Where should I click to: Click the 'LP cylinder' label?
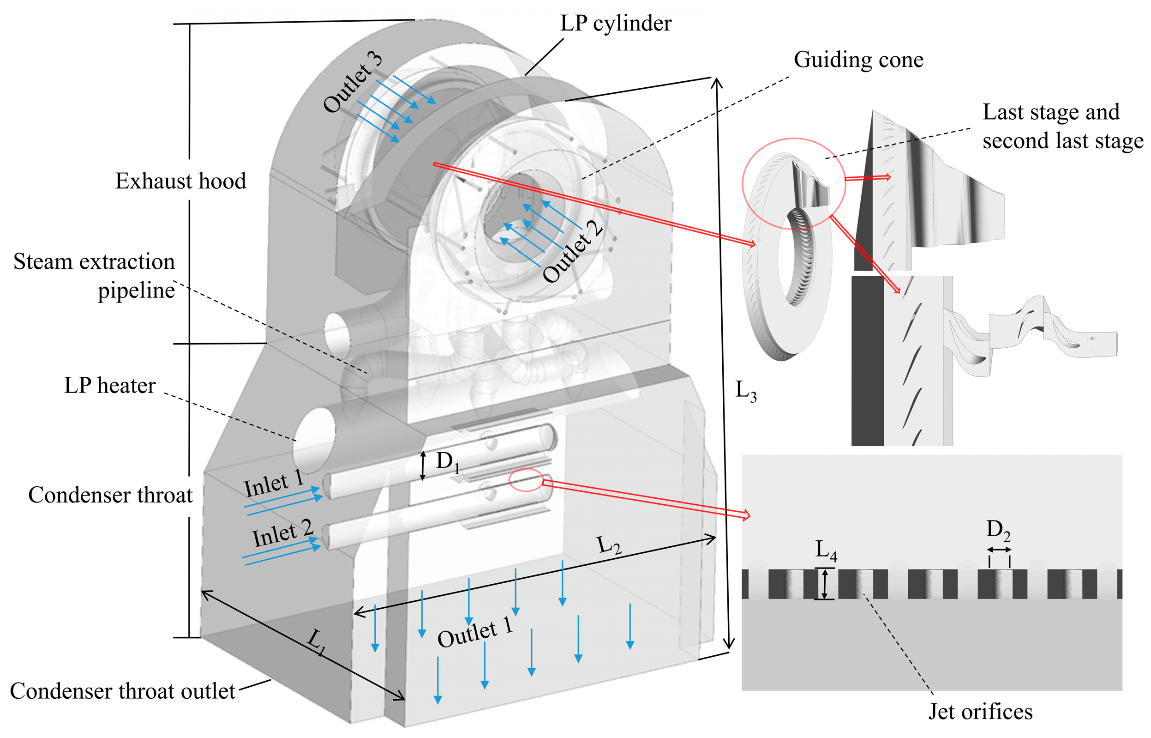(x=616, y=23)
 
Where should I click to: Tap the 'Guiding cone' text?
(x=858, y=60)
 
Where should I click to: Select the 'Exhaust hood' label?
(x=180, y=181)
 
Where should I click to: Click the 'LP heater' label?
(x=110, y=385)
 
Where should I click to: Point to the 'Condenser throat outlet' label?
(x=123, y=691)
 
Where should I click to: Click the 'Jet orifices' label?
(x=980, y=712)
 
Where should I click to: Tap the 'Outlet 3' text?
(x=353, y=82)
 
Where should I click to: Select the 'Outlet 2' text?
(x=572, y=251)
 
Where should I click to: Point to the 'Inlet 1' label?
(x=273, y=484)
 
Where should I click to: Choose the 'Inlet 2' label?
(x=282, y=534)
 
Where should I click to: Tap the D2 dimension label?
(x=998, y=530)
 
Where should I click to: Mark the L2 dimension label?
(x=609, y=545)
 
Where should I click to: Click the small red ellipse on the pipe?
(x=526, y=480)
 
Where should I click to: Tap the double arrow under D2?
(x=999, y=550)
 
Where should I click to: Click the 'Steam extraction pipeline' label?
(x=94, y=276)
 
